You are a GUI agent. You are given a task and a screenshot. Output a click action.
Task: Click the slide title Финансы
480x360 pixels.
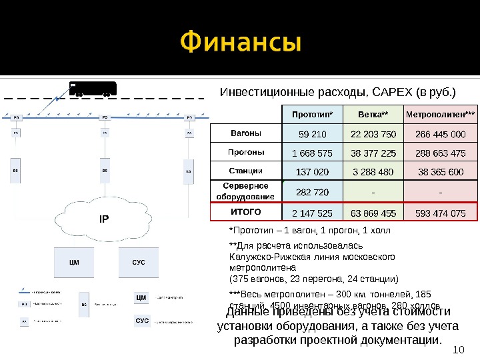pos(241,45)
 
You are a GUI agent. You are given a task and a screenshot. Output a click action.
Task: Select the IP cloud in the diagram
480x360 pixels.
pos(103,217)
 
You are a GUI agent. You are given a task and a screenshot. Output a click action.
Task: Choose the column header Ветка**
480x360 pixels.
pos(373,114)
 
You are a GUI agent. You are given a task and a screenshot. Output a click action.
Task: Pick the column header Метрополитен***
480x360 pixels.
pos(440,114)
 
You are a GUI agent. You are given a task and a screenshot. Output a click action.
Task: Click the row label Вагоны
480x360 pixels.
pos(246,133)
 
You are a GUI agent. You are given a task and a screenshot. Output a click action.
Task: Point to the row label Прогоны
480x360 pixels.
pos(246,152)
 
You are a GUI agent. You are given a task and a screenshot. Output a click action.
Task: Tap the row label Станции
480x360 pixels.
pos(246,171)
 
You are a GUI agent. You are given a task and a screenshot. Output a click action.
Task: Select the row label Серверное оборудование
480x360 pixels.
pos(246,191)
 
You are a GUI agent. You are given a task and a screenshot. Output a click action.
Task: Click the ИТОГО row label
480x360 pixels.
pos(246,211)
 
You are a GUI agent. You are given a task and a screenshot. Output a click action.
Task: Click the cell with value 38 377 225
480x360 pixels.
pos(373,153)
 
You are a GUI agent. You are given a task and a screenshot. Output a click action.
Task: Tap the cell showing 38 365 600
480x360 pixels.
pos(440,172)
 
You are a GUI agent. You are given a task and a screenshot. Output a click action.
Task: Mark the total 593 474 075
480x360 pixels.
pos(440,213)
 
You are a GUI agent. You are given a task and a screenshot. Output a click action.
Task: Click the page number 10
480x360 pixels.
pos(457,349)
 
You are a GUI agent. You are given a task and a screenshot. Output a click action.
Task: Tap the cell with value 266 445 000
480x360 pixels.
pos(440,134)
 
